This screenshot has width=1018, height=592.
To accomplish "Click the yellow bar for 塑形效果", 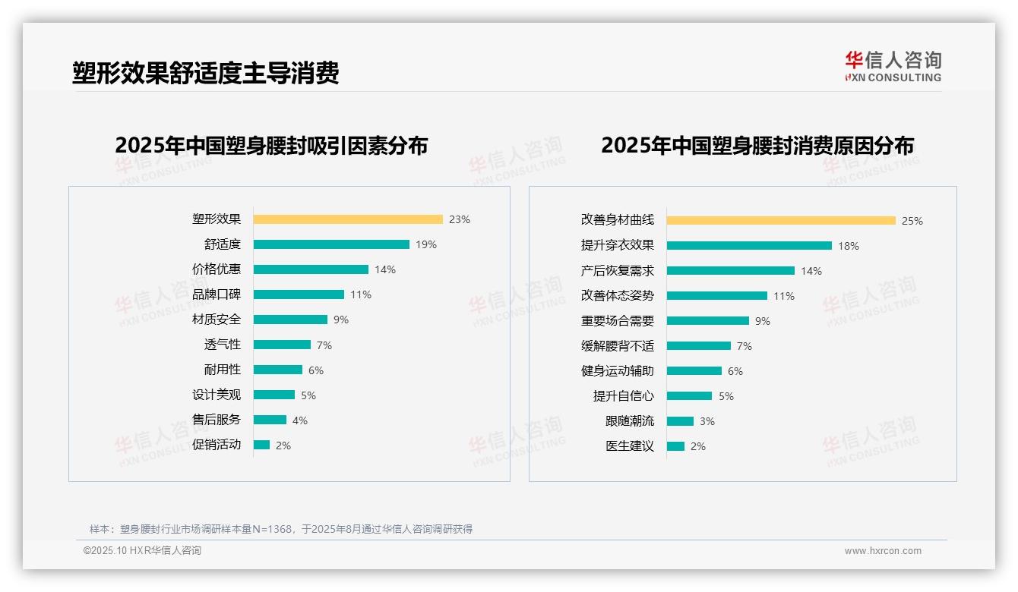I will tap(348, 219).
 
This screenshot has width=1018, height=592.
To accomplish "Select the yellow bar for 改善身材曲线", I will tap(781, 221).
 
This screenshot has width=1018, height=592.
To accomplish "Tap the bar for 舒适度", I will tap(331, 244).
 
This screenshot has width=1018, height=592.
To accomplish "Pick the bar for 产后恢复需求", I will tap(731, 271).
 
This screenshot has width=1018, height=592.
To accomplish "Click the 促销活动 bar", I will tap(262, 445).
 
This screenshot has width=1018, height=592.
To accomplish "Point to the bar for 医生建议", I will tap(676, 446).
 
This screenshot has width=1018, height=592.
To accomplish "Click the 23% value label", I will tap(460, 219).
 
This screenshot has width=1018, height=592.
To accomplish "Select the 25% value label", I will tap(912, 221).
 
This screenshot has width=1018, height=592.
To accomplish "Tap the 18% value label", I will tap(849, 246).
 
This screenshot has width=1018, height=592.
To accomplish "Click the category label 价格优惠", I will tap(217, 269).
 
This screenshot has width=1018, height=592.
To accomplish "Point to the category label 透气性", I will tap(223, 345).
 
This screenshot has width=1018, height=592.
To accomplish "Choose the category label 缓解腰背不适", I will tap(618, 346).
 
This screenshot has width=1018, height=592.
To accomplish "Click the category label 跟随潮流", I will tap(630, 421).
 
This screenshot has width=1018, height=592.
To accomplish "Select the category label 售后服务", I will tap(217, 420).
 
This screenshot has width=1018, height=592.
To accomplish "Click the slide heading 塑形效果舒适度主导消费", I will tap(205, 73).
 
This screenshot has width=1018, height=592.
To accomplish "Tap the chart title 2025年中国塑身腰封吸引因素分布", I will tap(271, 145).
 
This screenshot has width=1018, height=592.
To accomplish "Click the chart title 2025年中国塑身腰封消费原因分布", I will tap(757, 145).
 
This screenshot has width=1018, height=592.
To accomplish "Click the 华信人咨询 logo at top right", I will tap(893, 67).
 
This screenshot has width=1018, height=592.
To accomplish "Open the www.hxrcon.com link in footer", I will tap(883, 551).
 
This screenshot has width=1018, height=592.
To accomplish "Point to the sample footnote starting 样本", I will tap(281, 529).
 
